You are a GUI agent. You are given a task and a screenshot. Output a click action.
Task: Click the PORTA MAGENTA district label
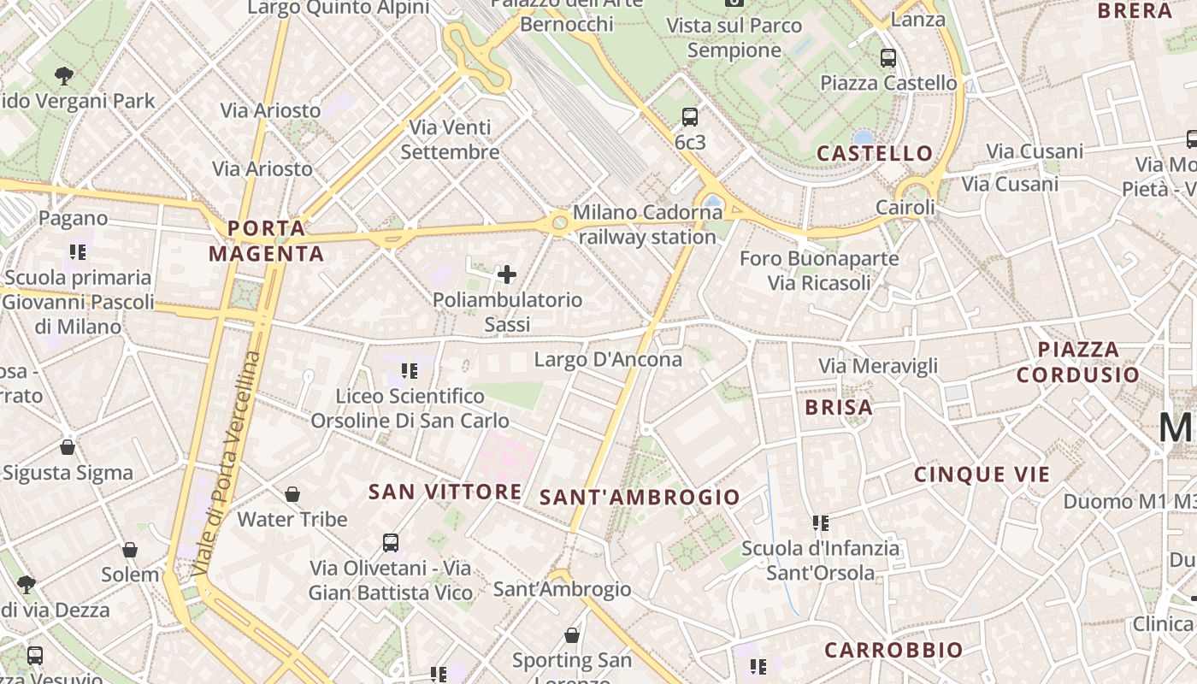pos(267,241)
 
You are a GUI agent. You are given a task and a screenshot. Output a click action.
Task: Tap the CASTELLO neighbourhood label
pos(875,154)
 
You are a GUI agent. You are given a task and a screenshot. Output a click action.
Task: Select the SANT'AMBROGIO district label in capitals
pos(640,497)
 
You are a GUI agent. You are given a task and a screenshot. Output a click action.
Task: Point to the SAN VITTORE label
pos(445,492)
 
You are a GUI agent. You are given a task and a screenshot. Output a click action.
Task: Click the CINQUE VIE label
pos(982,475)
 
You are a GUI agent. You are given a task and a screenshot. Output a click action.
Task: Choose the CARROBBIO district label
pos(893,651)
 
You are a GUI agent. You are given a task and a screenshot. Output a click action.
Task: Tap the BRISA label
pos(839,408)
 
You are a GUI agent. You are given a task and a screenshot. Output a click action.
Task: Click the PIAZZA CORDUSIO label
pos(1078,362)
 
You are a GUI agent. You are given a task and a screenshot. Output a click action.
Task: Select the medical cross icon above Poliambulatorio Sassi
pos(507,274)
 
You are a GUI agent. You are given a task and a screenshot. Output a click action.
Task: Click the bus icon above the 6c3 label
pos(690,117)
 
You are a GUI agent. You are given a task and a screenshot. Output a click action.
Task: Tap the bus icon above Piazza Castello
pos(888,58)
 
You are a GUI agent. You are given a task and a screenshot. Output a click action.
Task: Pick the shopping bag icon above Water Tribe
pos(292,494)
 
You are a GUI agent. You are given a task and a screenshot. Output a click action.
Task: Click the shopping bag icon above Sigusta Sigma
pos(68,447)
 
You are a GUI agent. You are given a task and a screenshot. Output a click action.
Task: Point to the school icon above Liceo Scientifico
pos(410,371)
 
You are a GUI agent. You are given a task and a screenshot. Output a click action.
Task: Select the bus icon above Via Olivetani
pos(391,542)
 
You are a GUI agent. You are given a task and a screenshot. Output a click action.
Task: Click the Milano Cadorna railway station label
pos(647,224)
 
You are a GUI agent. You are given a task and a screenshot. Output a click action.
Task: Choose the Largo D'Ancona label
pos(608,360)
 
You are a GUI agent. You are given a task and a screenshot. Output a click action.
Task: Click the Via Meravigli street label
pos(878,366)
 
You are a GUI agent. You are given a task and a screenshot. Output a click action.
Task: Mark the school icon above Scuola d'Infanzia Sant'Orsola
pos(821,522)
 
